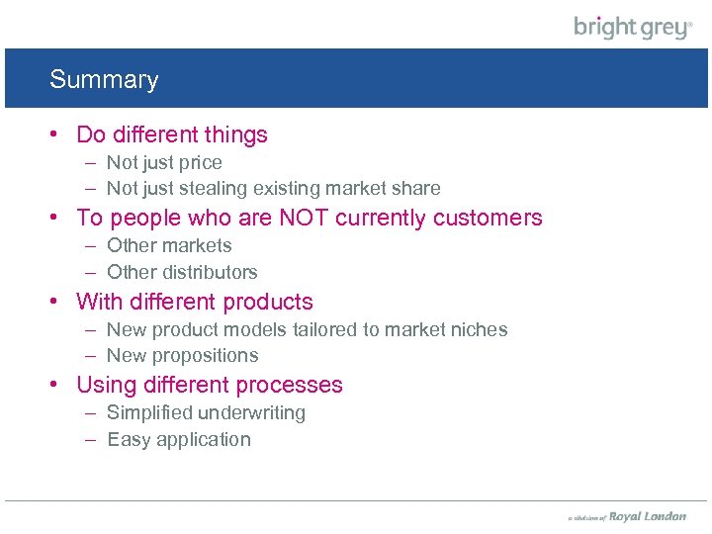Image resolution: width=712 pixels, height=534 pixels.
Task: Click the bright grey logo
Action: [633, 27]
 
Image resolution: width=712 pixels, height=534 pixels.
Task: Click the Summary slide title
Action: [104, 80]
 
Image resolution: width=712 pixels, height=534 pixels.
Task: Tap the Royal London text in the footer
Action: [647, 516]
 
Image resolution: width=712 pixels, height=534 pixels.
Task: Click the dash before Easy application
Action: [90, 440]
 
